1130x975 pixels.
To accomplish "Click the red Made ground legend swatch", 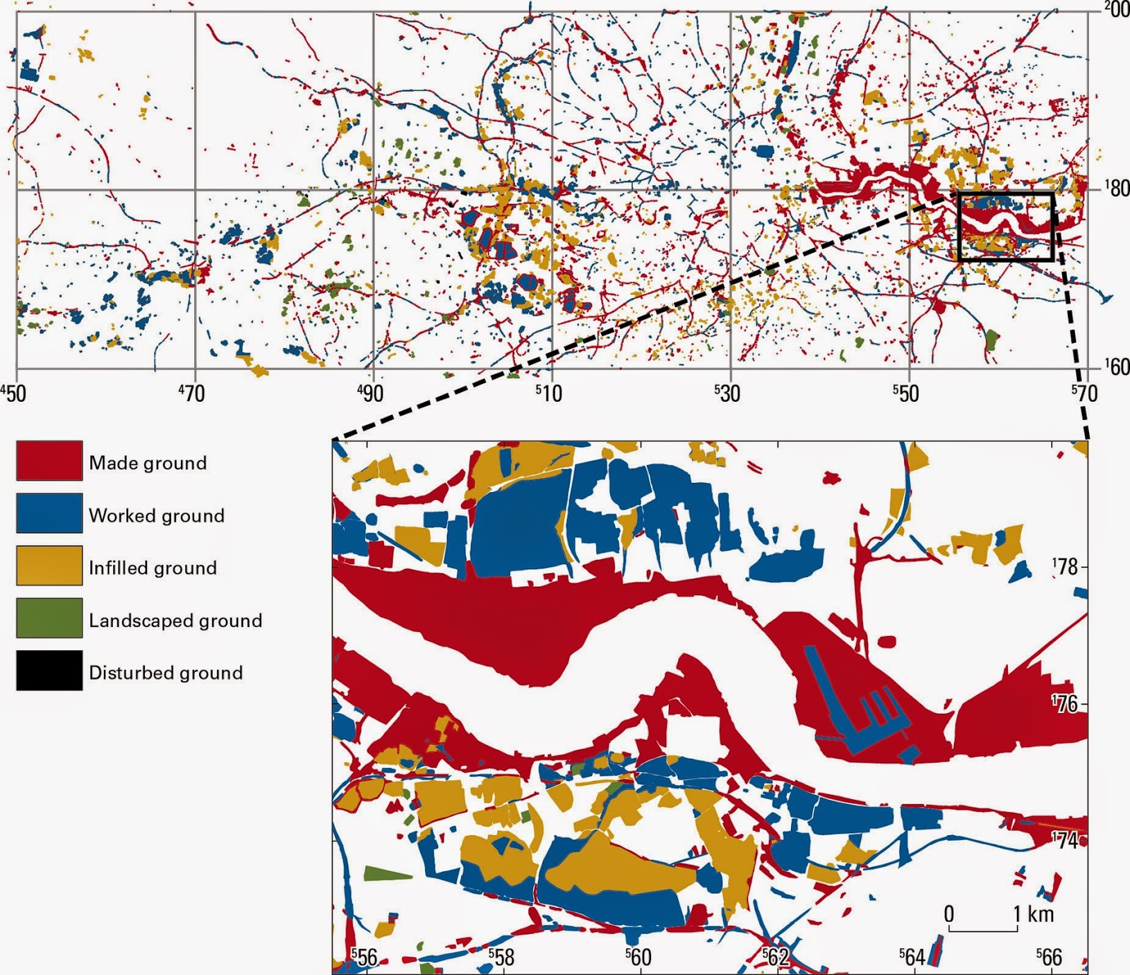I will click(x=49, y=460).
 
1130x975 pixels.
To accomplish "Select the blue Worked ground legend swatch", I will click(x=49, y=513).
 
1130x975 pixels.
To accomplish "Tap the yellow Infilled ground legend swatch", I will click(x=49, y=566).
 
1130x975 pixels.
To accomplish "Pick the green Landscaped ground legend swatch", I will click(x=49, y=618).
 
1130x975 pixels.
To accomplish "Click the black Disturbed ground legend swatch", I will click(x=49, y=670).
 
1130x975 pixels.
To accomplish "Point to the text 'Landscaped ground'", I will click(x=175, y=621).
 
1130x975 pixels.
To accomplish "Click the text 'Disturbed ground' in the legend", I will click(x=165, y=673).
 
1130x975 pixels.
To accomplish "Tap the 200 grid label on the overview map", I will click(x=1116, y=10).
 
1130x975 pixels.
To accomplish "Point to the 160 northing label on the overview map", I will click(x=1116, y=367).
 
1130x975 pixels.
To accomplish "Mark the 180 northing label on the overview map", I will click(x=1116, y=189).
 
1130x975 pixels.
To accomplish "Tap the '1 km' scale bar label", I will click(x=1033, y=914).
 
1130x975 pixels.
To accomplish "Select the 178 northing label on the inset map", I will click(x=1066, y=566).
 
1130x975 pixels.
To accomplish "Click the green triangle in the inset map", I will click(x=385, y=873).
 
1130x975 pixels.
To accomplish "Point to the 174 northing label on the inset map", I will click(x=1066, y=840).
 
